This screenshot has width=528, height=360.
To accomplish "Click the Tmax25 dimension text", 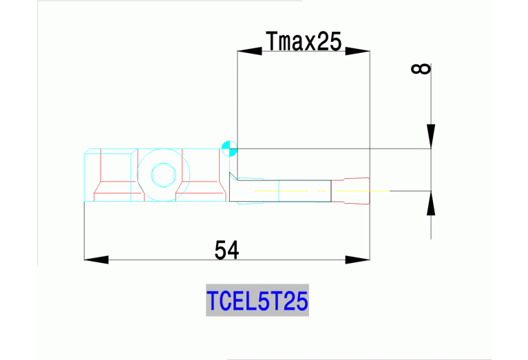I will pos(304,42).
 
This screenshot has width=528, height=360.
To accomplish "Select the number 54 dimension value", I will pos(226,250).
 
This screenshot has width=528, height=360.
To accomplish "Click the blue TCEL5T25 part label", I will pos(257,301).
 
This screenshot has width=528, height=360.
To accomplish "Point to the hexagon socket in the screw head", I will pos(163,176).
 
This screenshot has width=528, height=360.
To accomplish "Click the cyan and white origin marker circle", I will pos(229,147).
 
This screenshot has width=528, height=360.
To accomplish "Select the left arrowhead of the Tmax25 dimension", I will pos(247,51).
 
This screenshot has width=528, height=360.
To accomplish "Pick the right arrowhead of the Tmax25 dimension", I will pos(358,51).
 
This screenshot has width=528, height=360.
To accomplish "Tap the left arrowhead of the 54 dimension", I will pos(96,260).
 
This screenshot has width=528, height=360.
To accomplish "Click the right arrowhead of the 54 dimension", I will pos(357,260).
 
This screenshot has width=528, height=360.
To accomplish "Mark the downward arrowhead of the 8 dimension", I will pos(430,136).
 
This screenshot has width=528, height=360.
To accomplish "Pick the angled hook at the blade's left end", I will pos(234,180).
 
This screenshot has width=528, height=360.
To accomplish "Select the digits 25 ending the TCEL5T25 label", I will pos(295,301).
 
